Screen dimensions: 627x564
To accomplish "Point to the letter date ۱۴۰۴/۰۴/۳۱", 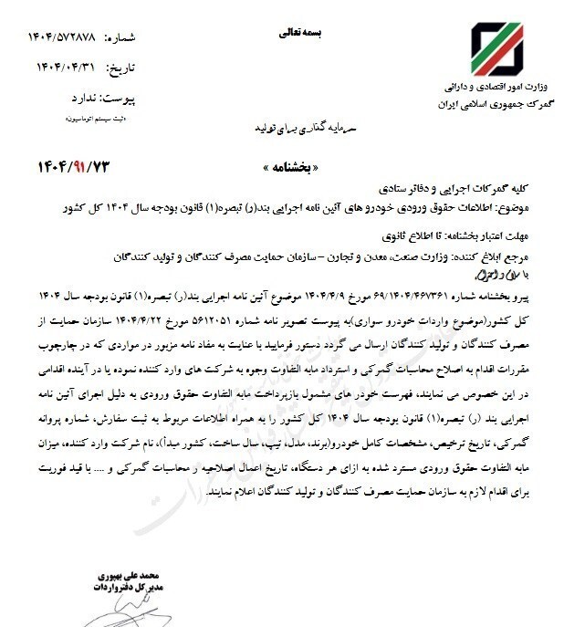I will click(x=63, y=68).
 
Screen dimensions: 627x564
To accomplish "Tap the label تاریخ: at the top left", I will click(x=121, y=68).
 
